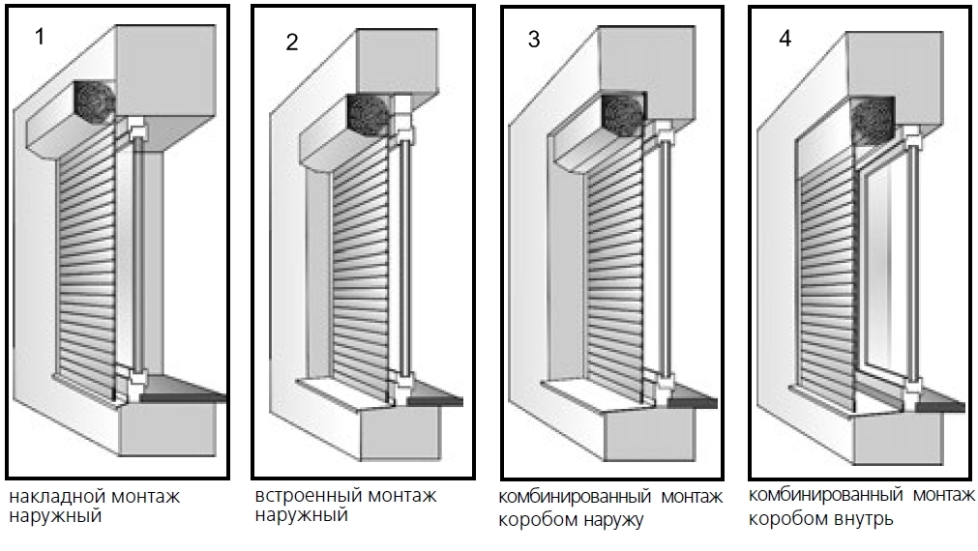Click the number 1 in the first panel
(40, 38)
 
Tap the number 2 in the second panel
(292, 43)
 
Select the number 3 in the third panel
(535, 39)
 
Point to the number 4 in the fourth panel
(785, 39)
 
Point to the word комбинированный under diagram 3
(575, 498)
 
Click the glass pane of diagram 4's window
(885, 271)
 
